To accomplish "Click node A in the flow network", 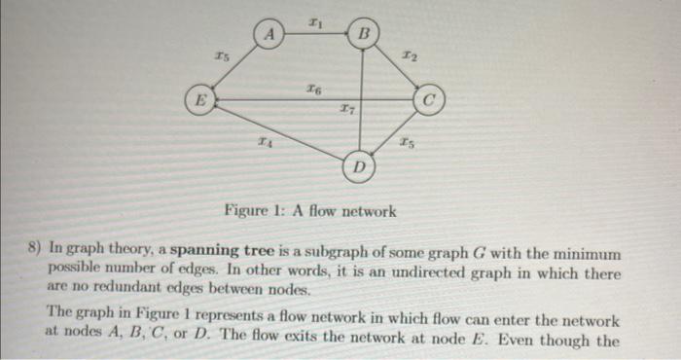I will point(272,35).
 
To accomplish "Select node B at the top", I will point(363,35).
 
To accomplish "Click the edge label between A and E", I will point(222,58).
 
